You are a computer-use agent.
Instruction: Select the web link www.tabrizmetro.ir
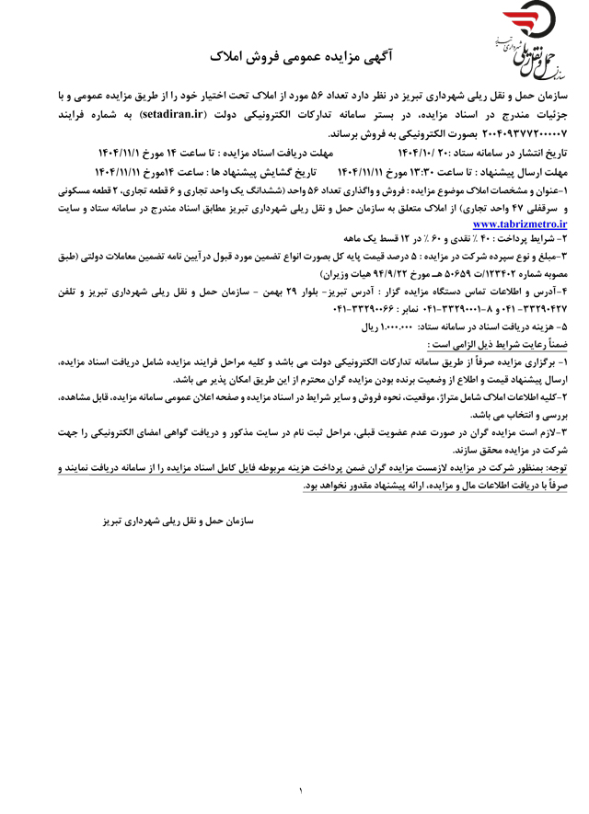tap(520, 223)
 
